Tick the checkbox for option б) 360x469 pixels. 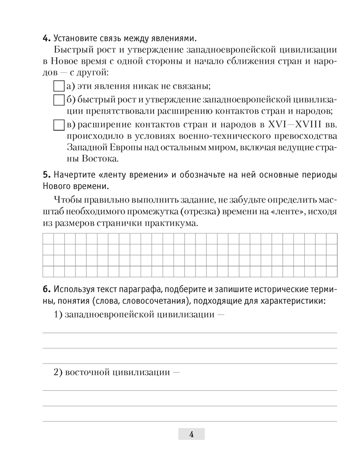pyautogui.click(x=58, y=100)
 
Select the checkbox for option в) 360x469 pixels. pyautogui.click(x=58, y=125)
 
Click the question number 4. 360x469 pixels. pyautogui.click(x=46, y=38)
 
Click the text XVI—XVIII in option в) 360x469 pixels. pyautogui.click(x=291, y=125)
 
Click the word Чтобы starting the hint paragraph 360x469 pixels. pyautogui.click(x=68, y=200)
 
